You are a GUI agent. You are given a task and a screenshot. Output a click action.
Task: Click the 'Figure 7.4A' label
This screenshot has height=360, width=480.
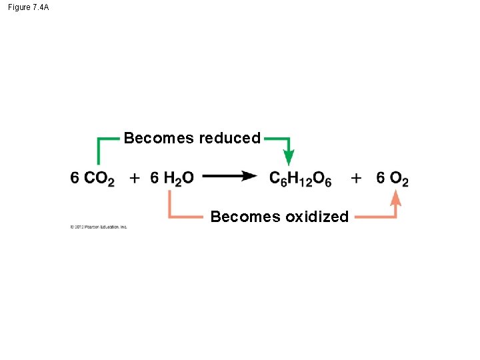click(28, 7)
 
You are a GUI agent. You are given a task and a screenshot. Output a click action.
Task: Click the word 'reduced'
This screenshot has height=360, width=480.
click(229, 139)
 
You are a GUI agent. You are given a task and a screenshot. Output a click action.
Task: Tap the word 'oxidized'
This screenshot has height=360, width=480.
click(317, 217)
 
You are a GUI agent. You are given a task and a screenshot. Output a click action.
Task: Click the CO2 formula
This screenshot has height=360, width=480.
click(100, 179)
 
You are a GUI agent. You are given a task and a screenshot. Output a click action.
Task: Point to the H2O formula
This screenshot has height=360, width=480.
click(179, 179)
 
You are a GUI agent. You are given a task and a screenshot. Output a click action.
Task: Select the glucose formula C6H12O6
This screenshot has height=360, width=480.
click(301, 179)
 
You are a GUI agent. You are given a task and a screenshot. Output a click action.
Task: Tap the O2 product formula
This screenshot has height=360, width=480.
click(399, 179)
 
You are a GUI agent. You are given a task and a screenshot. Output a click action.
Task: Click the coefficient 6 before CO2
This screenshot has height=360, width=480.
click(75, 178)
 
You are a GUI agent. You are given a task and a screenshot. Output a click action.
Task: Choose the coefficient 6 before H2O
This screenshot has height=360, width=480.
click(155, 178)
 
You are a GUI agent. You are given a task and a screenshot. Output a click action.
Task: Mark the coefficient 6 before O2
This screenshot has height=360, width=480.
click(381, 178)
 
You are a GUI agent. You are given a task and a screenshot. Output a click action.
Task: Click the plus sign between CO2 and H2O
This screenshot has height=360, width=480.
click(135, 178)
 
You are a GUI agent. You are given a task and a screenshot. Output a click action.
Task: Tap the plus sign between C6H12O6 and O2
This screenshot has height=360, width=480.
click(357, 178)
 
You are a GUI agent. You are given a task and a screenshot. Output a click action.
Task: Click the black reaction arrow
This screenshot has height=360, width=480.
click(230, 177)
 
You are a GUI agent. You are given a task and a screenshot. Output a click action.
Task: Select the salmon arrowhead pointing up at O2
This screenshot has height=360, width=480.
click(395, 197)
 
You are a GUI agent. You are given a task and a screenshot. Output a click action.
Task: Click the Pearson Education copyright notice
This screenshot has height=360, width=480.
click(98, 227)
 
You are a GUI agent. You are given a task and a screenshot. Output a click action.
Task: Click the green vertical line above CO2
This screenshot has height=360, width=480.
click(99, 152)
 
